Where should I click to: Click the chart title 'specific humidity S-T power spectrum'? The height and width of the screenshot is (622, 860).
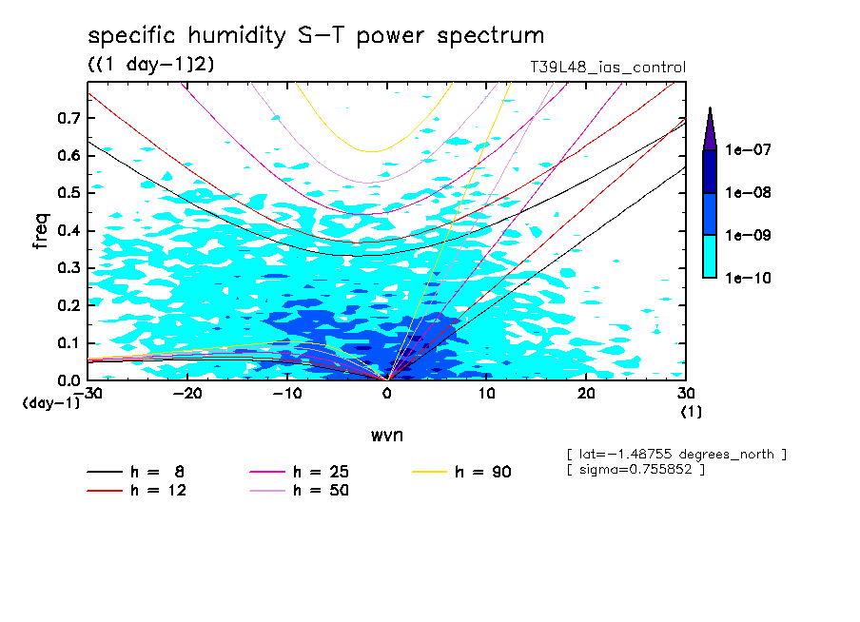coord(316,36)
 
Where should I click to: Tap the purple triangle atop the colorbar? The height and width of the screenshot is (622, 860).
coord(710,129)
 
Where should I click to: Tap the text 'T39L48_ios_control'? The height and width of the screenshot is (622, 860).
coord(607,68)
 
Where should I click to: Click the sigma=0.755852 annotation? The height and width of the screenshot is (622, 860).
coord(635,470)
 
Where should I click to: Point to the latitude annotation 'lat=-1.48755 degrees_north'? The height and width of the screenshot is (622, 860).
coord(675,454)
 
